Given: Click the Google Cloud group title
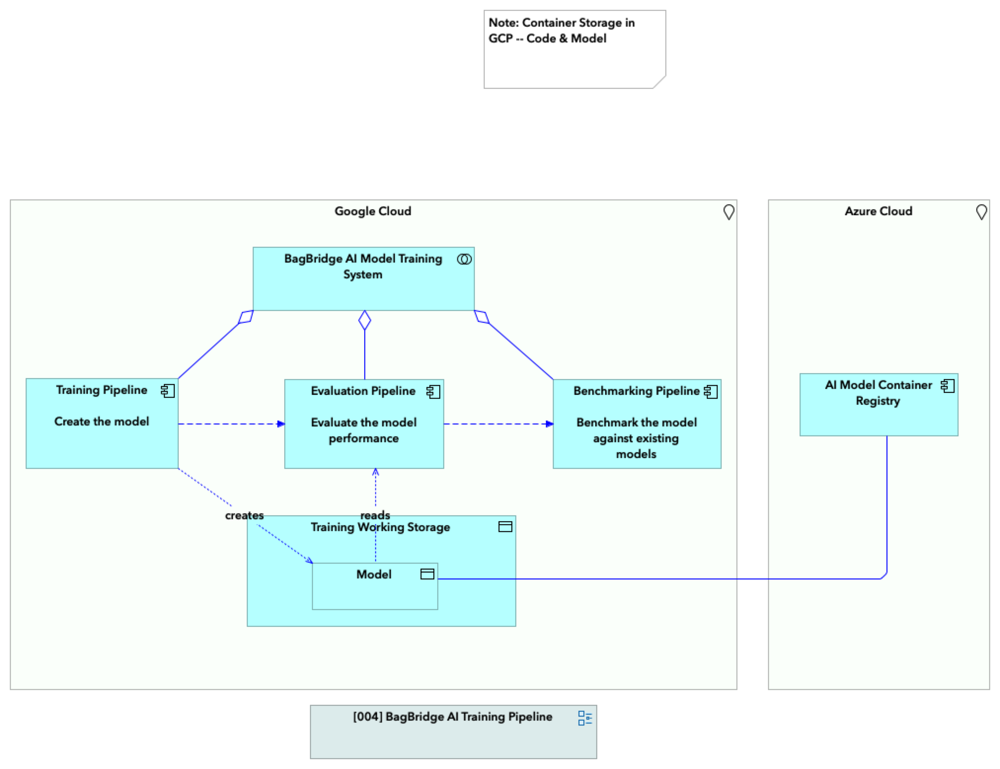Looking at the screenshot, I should (373, 211).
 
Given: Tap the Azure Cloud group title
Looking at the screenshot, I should (878, 211).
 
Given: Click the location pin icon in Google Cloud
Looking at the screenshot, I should (729, 212).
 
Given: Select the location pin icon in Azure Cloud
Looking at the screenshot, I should (981, 212).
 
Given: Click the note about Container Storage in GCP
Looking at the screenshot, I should (574, 49).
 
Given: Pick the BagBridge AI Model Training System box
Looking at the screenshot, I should (363, 291).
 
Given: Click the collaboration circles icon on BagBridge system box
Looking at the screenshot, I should (464, 259).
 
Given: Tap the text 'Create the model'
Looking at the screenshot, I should (102, 422).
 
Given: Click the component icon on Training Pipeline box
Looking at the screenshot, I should (168, 391).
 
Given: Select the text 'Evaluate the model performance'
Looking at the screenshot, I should (364, 430).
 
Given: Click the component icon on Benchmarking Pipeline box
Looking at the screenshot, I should (711, 392).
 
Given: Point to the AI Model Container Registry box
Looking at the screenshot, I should (878, 415).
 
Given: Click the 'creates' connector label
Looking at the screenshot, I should (244, 515).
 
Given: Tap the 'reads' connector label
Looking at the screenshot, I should (375, 515).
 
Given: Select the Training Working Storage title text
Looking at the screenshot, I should (380, 527).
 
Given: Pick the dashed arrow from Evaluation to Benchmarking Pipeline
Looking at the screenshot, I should (498, 424).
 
